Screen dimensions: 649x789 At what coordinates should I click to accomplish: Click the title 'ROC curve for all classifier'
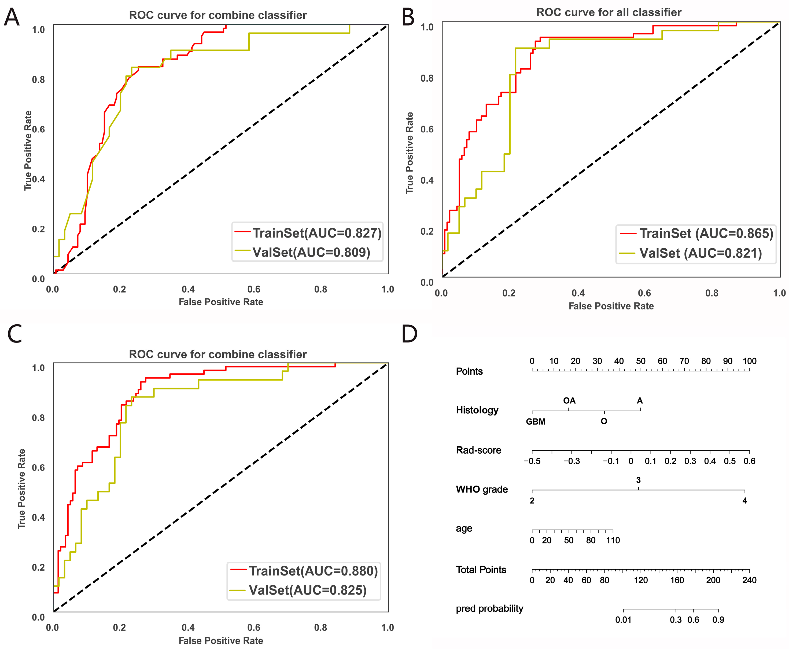point(609,12)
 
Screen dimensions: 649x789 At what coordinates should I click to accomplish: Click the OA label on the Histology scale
point(569,401)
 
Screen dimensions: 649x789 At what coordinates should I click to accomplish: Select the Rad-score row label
point(478,450)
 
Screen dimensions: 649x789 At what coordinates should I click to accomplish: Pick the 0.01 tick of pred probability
point(623,620)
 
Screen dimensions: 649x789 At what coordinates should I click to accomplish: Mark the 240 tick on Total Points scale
point(749,580)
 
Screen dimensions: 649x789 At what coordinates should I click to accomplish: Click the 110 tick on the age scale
point(613,540)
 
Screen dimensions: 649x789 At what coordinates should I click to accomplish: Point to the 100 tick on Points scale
point(749,361)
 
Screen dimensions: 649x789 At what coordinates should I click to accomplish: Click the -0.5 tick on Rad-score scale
point(532,461)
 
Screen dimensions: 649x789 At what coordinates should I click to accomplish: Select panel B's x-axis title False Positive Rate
point(611,306)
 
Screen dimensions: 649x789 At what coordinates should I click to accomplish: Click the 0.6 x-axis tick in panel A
point(254,289)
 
